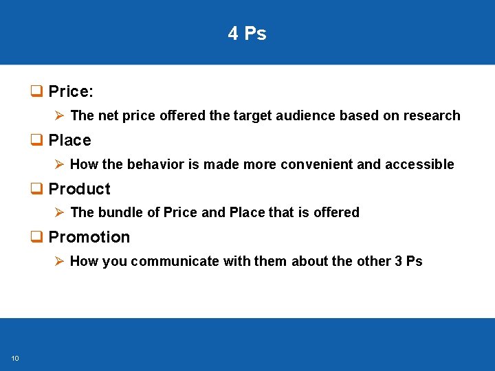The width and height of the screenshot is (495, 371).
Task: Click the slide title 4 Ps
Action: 247,34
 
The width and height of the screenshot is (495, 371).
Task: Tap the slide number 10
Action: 15,357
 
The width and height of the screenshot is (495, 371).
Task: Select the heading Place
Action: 69,140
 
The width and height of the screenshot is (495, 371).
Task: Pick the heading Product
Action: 79,189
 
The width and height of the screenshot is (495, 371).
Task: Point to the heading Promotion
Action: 89,237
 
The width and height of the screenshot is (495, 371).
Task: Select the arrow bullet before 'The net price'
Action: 59,115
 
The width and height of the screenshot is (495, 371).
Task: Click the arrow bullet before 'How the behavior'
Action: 59,164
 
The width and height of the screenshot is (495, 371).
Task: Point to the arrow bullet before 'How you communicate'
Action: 59,261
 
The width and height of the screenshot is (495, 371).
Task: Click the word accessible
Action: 419,164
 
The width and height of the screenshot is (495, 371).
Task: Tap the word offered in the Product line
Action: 336,212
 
